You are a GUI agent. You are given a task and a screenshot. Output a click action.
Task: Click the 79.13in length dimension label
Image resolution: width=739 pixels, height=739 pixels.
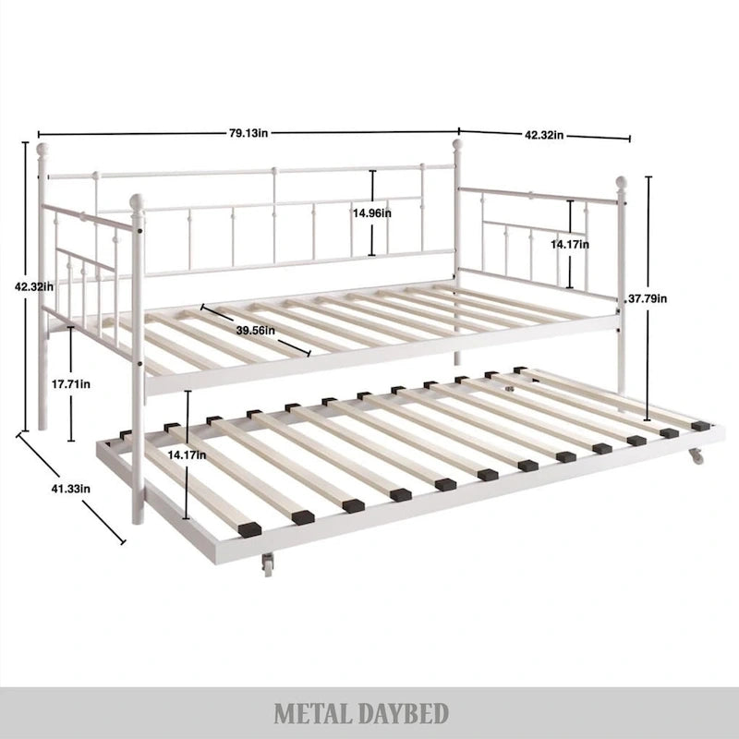click(248, 132)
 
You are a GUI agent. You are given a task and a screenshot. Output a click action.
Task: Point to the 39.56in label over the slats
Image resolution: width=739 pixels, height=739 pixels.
click(254, 330)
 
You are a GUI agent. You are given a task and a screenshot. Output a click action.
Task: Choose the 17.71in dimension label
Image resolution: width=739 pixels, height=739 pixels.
click(71, 384)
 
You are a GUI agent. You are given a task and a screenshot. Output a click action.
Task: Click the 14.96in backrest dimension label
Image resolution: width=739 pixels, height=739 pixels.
click(371, 213)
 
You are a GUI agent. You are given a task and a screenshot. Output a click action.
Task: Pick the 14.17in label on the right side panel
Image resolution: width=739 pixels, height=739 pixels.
click(569, 244)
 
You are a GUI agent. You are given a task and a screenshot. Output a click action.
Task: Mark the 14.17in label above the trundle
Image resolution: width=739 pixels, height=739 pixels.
click(188, 455)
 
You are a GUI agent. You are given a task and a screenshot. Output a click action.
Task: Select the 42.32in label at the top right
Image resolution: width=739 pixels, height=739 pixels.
click(545, 134)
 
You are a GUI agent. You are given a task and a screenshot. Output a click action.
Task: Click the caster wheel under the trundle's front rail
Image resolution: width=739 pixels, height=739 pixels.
click(268, 563)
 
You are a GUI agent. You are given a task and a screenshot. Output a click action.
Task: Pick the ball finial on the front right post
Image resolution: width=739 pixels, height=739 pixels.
click(622, 182)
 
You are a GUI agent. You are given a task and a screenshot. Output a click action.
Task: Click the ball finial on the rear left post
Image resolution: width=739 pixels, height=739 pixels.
click(42, 149)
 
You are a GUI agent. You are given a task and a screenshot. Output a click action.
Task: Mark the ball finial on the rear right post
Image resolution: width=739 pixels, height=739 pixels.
click(456, 145)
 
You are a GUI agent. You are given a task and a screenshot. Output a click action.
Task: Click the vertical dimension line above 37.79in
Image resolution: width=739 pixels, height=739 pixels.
click(648, 231)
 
